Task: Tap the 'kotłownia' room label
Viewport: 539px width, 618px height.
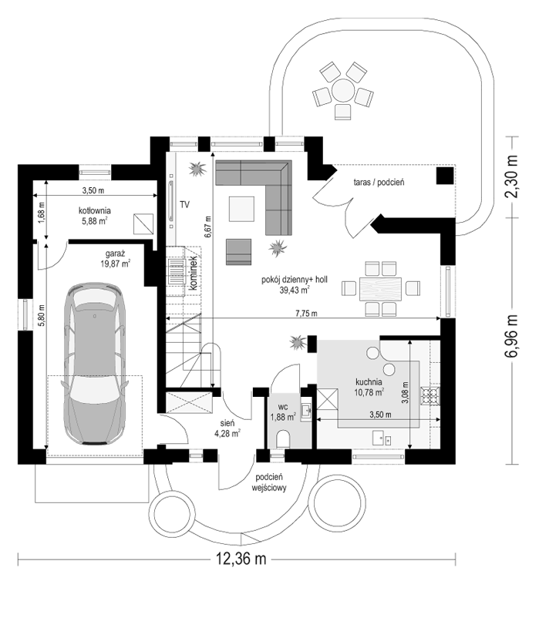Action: point(95,210)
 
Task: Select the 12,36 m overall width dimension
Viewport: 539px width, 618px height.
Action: point(241,559)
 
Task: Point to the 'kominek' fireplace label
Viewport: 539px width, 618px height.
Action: point(194,273)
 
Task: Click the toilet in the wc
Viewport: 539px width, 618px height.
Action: point(284,438)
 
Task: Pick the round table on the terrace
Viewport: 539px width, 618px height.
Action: point(342,90)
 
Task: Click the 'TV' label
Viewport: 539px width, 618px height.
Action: point(184,204)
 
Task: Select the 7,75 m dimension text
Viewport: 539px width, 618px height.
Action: point(307,314)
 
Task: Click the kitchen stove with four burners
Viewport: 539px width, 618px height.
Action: point(430,396)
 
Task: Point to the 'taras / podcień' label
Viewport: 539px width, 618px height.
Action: point(379,182)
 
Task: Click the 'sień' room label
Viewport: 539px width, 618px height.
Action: point(227,423)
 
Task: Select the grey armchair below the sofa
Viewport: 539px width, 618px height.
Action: point(238,251)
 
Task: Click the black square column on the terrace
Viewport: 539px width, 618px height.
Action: point(445,176)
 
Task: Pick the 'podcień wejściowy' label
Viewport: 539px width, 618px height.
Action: point(271,482)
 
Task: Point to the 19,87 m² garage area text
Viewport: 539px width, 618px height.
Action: point(115,264)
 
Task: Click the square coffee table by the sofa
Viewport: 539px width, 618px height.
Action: point(241,209)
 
